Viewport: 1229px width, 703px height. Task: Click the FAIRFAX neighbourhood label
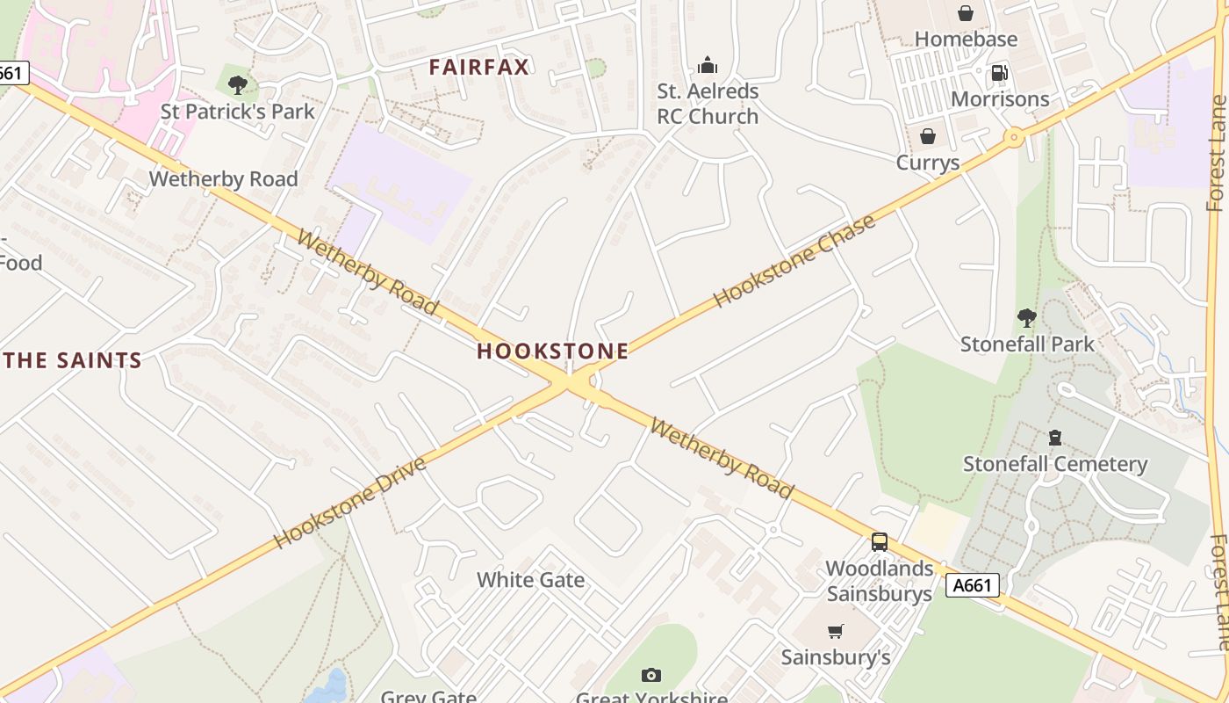479,67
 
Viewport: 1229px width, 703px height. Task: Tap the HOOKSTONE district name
552,351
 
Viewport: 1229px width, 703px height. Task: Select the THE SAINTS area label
72,360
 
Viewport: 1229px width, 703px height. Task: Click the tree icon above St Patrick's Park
237,85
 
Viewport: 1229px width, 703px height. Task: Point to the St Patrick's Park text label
237,112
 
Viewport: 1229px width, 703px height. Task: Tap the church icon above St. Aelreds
707,65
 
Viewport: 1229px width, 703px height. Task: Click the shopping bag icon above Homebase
966,13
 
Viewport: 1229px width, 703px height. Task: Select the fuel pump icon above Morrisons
999,73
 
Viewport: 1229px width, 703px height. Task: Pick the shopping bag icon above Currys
927,136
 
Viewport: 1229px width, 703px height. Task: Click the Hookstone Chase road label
794,260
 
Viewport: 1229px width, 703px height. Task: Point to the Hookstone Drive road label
350,502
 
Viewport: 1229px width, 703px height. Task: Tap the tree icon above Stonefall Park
1026,317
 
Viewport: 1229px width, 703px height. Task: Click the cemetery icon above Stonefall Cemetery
1055,437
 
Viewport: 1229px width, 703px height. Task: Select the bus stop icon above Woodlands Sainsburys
880,542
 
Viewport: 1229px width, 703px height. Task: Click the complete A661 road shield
973,585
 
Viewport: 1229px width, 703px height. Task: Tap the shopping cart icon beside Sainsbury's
836,631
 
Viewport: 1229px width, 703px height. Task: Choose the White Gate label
530,580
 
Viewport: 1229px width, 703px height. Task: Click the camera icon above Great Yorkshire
650,675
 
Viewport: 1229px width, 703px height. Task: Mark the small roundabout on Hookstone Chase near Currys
1015,137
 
